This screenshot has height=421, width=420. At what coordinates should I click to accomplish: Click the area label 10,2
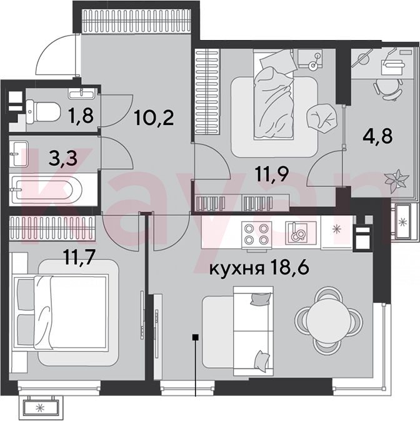[154, 118]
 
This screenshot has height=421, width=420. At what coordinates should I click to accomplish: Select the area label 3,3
[63, 159]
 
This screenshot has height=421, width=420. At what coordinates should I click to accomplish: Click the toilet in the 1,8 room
[42, 111]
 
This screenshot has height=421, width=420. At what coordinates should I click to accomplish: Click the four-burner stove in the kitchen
[257, 233]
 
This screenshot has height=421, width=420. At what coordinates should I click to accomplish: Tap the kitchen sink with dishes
[297, 233]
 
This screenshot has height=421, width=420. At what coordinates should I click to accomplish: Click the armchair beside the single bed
[321, 118]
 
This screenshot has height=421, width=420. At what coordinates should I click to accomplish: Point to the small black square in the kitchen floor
[196, 337]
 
